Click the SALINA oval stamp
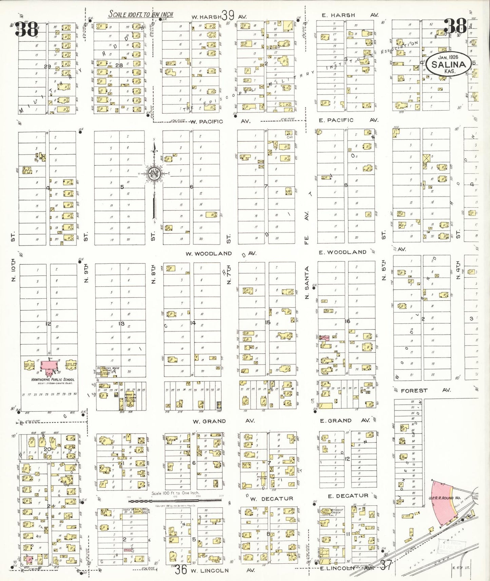point(448,64)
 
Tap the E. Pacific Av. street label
point(348,120)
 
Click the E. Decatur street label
point(348,496)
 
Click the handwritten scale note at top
point(140,14)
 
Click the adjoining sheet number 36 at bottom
point(181,569)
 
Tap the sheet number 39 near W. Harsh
point(228,15)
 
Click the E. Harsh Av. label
point(349,15)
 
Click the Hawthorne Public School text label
point(53,380)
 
